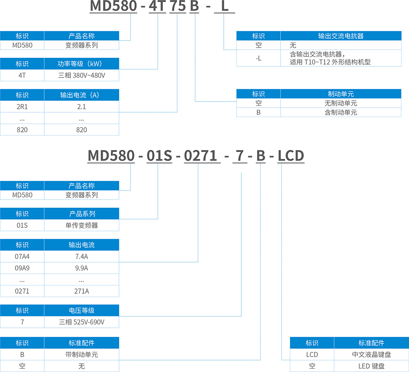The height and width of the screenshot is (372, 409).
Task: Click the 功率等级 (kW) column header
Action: tap(81, 64)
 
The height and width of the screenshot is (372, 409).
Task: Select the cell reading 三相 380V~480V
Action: tap(81, 75)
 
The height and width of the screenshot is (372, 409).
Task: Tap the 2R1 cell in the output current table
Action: tap(22, 107)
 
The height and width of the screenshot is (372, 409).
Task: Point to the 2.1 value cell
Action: tap(81, 107)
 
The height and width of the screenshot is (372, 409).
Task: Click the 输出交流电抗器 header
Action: tap(341, 36)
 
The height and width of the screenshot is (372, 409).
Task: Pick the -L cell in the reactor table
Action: tap(258, 58)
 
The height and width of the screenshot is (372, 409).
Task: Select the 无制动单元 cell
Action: tap(341, 103)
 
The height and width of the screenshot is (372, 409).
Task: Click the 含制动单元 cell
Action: tap(341, 112)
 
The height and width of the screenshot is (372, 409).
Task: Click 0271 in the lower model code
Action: tap(200, 156)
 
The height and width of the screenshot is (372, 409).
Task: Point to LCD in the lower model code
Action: tap(291, 156)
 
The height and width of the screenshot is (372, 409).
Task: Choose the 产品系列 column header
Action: tap(81, 213)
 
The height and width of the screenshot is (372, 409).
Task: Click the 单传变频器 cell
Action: tap(81, 225)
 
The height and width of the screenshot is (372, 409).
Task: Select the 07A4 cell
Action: tap(22, 256)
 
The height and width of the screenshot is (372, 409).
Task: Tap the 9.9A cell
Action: tap(81, 268)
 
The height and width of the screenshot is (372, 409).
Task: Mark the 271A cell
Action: tap(81, 291)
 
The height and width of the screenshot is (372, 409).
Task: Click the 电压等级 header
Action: tap(81, 310)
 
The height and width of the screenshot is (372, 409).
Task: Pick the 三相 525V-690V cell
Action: tap(81, 322)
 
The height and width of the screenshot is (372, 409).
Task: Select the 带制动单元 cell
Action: tap(81, 354)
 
